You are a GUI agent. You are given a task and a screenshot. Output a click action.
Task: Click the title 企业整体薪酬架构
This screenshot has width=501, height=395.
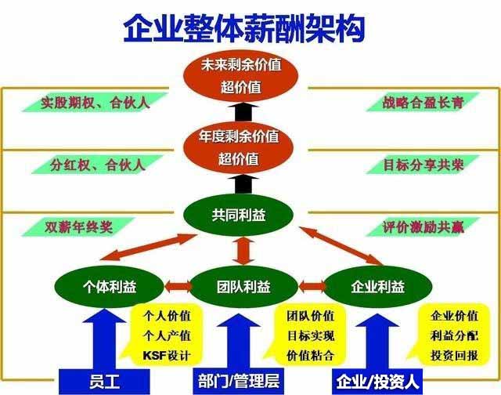click(x=244, y=28)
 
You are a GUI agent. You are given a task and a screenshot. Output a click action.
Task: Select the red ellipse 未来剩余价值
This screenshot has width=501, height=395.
click(x=240, y=76)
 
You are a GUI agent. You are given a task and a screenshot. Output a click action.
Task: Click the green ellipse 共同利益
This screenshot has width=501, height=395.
click(x=238, y=215)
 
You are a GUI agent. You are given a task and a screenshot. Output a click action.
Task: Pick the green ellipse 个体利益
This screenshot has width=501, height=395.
click(x=109, y=287)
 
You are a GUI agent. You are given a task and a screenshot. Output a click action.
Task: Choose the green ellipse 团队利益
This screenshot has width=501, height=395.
click(x=243, y=287)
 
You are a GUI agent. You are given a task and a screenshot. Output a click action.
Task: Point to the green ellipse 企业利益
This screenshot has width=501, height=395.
click(x=378, y=287)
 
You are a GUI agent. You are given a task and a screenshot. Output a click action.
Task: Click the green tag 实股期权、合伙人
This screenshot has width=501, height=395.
click(x=96, y=103)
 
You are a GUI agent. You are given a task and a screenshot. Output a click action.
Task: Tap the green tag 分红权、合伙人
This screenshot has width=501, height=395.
click(x=97, y=165)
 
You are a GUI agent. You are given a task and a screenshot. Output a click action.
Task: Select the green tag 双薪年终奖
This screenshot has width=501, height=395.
click(x=78, y=227)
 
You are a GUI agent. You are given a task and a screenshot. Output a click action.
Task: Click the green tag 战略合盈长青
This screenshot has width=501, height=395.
click(x=423, y=103)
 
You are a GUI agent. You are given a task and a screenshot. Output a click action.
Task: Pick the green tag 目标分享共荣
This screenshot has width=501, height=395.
click(x=423, y=165)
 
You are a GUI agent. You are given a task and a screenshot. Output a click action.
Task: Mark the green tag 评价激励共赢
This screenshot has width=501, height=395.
click(x=423, y=227)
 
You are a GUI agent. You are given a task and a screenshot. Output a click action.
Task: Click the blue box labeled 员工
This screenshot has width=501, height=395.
click(x=104, y=382)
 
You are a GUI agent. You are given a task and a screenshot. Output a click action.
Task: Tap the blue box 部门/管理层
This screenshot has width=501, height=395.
click(x=238, y=382)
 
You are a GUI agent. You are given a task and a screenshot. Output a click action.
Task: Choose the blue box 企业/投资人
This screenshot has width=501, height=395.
click(x=377, y=382)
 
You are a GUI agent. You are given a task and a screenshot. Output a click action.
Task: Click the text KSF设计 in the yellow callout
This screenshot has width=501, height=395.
click(x=167, y=355)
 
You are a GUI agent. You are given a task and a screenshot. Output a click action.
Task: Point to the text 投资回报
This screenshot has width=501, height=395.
click(x=454, y=355)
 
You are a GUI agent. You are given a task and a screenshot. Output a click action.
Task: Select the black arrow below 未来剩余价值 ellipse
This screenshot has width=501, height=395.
click(x=243, y=111)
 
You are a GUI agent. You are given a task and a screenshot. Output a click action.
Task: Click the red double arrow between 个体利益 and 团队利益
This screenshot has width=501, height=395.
click(x=178, y=287)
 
